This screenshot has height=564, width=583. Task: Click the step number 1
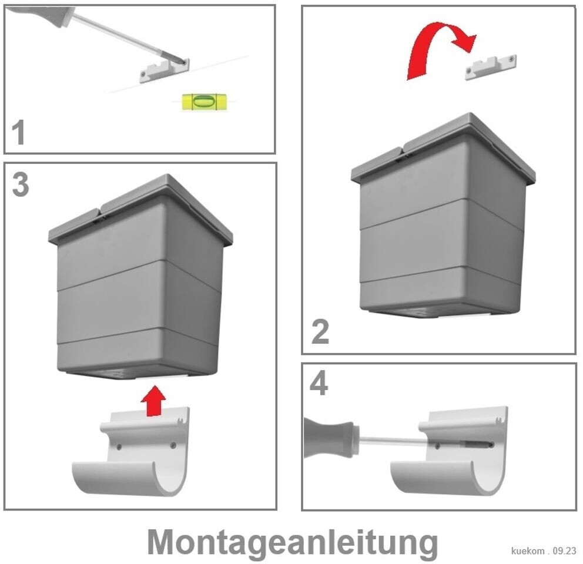click(18, 132)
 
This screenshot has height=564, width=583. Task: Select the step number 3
click(21, 184)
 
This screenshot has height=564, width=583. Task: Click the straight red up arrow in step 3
click(153, 401)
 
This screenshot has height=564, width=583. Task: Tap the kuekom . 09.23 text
click(544, 550)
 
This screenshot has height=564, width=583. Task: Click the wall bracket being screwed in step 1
click(165, 70)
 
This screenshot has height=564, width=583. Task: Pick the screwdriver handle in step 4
click(329, 437)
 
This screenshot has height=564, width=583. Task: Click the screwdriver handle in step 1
click(41, 15)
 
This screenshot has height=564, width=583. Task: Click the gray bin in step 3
click(140, 277)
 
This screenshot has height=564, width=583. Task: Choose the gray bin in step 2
click(443, 216)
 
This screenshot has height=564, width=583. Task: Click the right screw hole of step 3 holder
click(173, 445)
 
